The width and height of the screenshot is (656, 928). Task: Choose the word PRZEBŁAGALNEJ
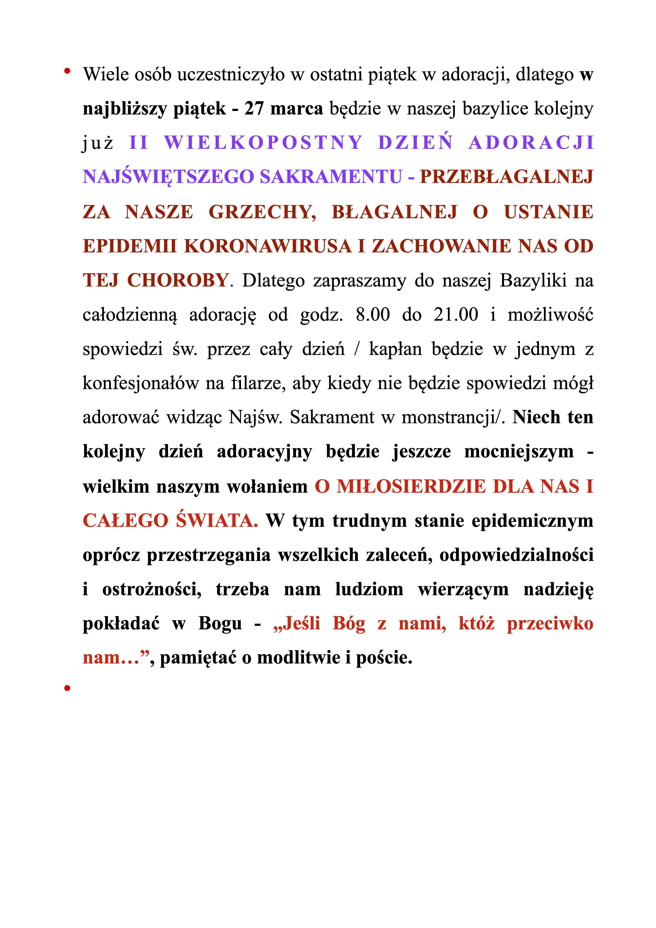click(x=506, y=177)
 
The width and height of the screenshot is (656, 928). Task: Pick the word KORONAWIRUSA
click(x=268, y=246)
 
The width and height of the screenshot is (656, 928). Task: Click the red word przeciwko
click(x=550, y=624)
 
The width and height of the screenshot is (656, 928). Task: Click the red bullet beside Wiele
click(x=67, y=72)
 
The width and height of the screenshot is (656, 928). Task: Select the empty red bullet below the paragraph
click(x=67, y=688)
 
